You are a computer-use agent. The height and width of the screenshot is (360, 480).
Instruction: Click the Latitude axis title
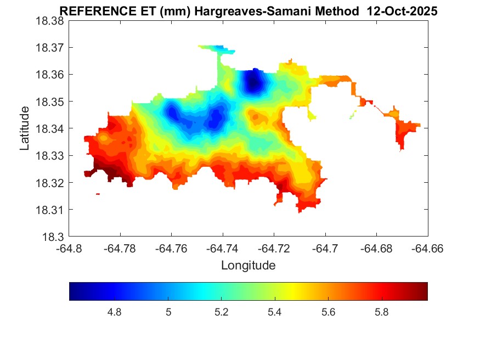click(25, 128)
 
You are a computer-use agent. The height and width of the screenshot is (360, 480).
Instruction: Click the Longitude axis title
click(248, 266)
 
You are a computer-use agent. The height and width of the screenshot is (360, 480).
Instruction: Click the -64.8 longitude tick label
click(69, 249)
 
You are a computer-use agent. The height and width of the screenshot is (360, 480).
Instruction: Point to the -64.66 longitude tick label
click(427, 249)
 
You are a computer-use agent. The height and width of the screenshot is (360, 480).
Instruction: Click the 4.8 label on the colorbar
click(114, 312)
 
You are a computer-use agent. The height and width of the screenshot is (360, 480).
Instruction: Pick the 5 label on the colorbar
click(168, 312)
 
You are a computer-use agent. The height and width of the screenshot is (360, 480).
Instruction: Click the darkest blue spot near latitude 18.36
click(252, 83)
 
